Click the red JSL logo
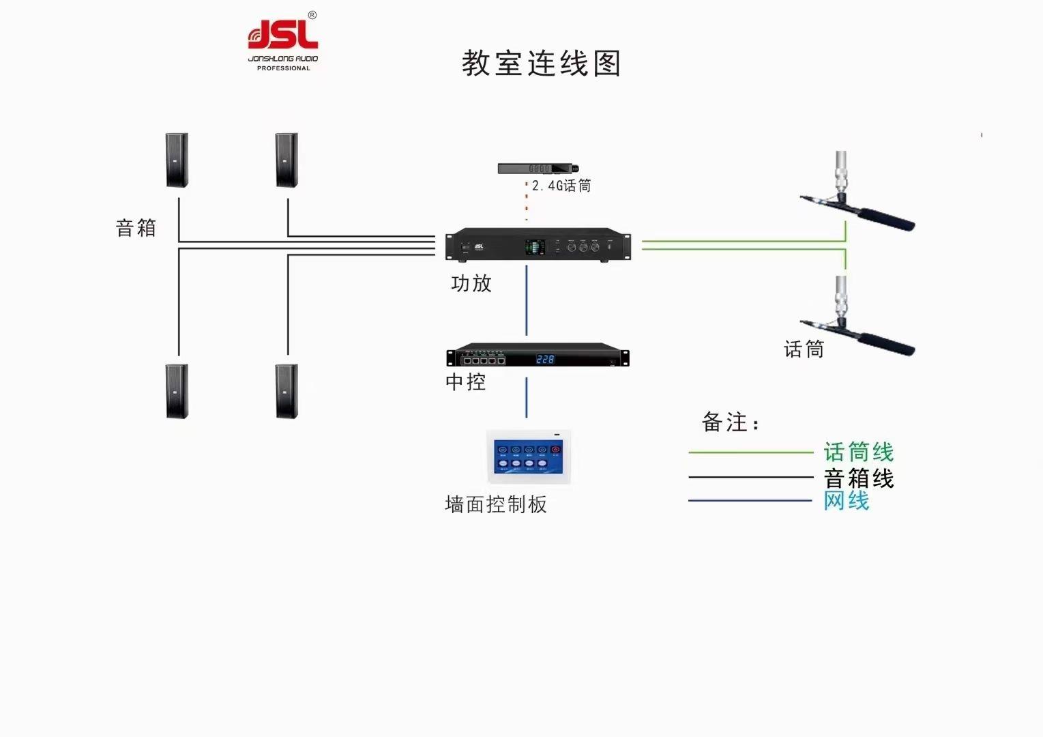coord(282,35)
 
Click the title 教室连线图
coord(541,63)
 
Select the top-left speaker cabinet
coord(177,160)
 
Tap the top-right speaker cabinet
coord(287,160)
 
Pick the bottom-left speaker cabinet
coord(177,391)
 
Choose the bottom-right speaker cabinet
coord(287,391)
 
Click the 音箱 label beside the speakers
coord(136,228)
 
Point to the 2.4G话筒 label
coord(561,186)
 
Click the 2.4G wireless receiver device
coord(538,168)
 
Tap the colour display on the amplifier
coord(534,247)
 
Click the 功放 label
coord(471,283)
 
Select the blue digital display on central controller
coord(545,359)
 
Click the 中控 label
coord(466,381)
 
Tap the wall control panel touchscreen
coord(529,457)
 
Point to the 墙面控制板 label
coord(496,504)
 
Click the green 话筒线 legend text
coord(859,452)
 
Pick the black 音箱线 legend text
coord(859,478)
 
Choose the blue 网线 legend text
coord(847,501)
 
